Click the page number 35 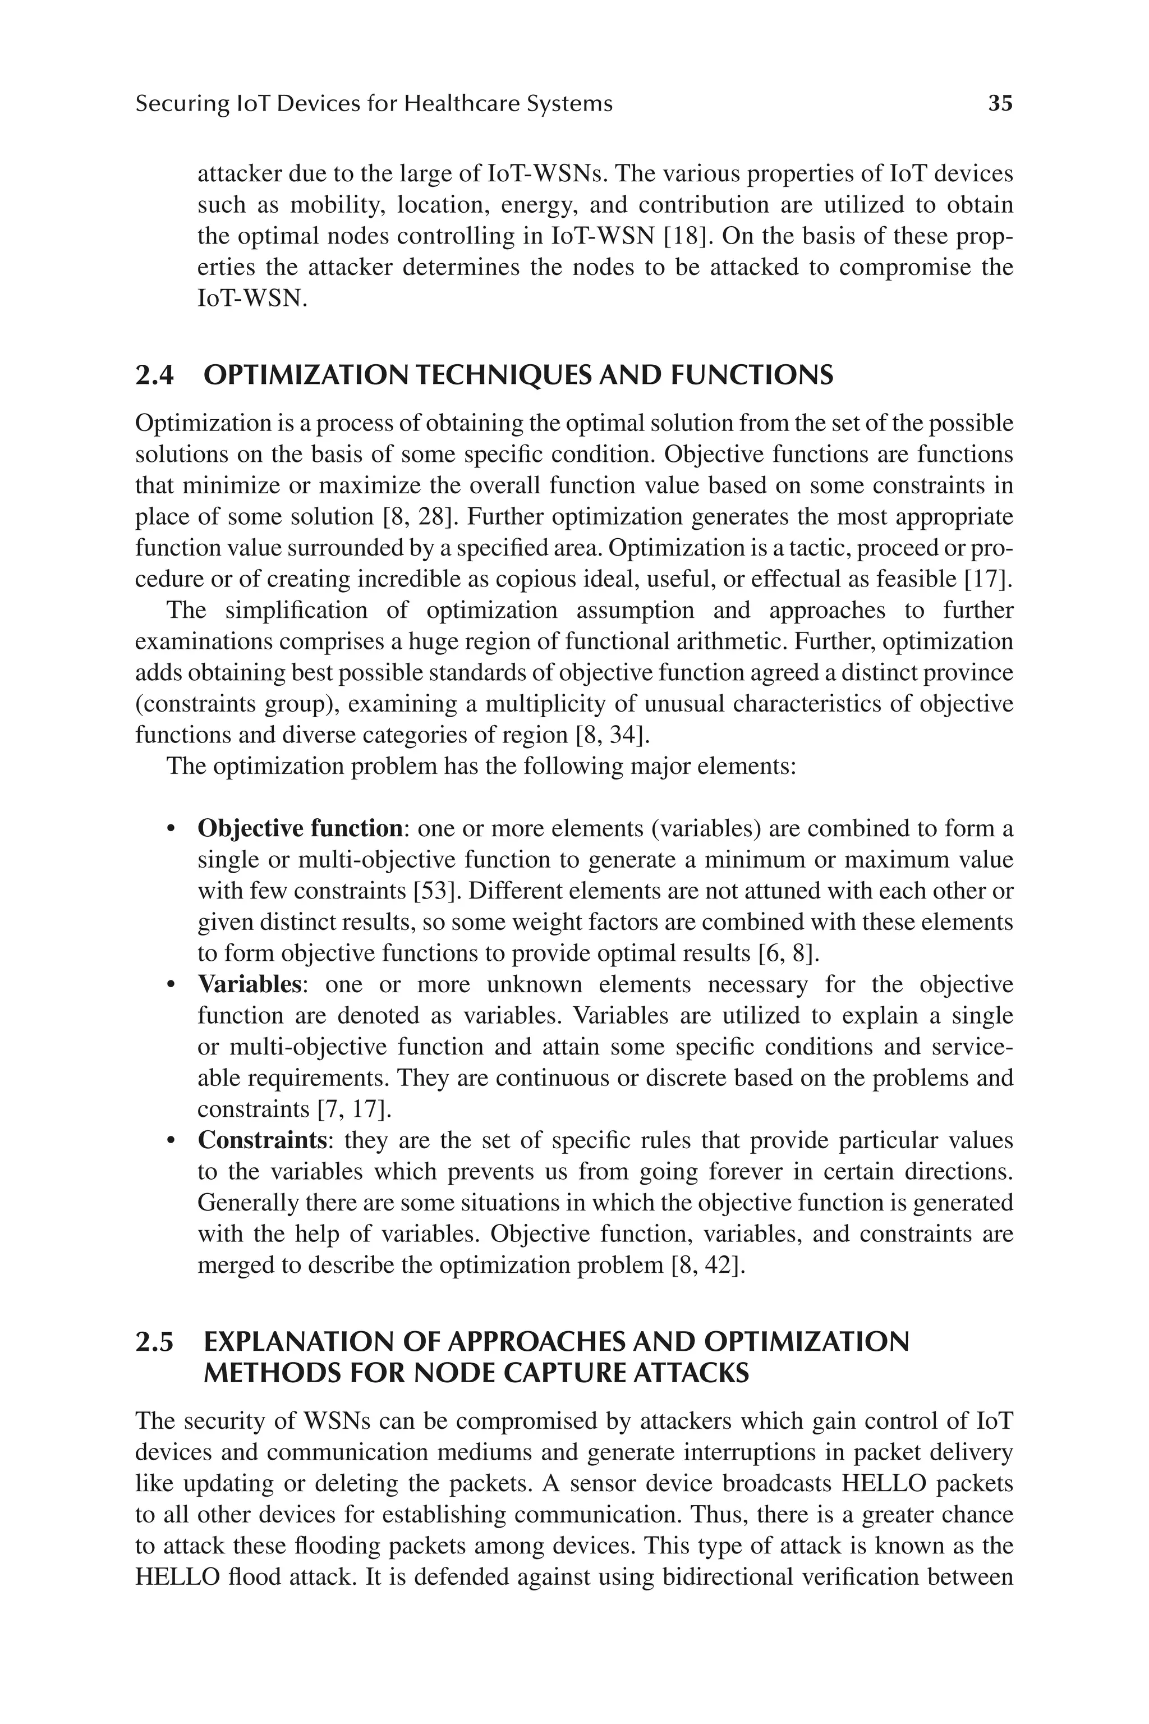[1000, 103]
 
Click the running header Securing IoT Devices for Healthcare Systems [374, 103]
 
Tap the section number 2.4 [155, 375]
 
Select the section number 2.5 [155, 1342]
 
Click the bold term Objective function [300, 828]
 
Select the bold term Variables [249, 984]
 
